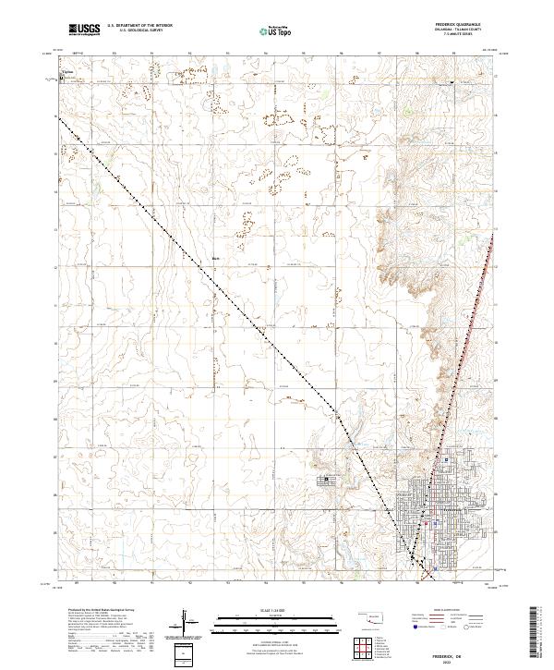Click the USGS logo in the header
[x=84, y=30]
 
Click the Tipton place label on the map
[x=66, y=70]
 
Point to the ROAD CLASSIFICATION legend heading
[x=443, y=610]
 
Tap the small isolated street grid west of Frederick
[x=331, y=481]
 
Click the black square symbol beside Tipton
[x=62, y=79]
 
